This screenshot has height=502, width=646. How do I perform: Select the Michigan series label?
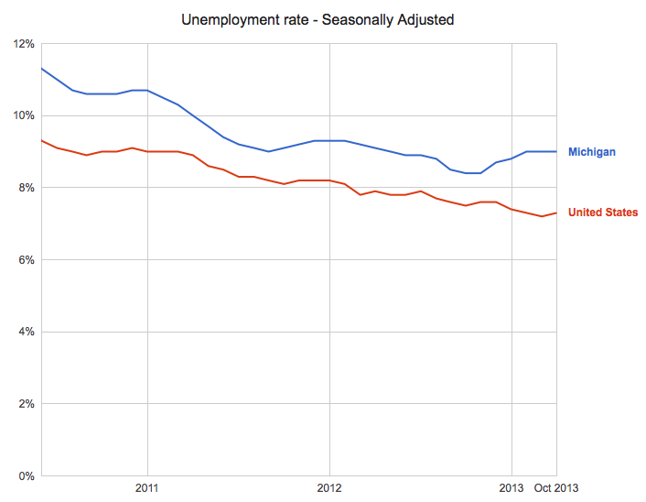[x=591, y=151]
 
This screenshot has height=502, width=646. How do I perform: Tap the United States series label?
[x=603, y=213]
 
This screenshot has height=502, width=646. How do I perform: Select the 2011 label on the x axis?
[x=147, y=488]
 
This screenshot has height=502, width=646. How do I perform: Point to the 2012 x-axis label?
[x=329, y=488]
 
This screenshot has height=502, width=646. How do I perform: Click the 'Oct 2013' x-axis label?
[x=556, y=488]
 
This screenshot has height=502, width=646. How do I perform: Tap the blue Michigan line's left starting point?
[x=42, y=69]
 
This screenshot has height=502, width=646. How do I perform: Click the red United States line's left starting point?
[x=42, y=140]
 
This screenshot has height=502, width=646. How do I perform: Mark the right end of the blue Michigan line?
[x=556, y=151]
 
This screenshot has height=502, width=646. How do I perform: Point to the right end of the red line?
[x=556, y=213]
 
